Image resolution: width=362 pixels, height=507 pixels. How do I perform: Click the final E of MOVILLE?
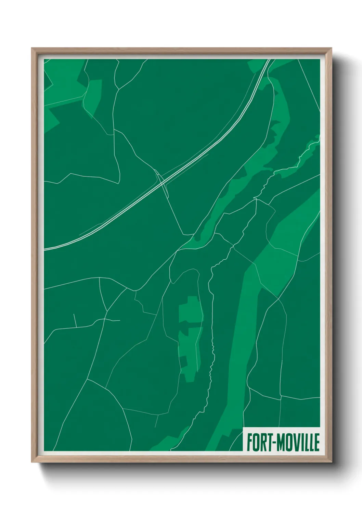pos(316,443)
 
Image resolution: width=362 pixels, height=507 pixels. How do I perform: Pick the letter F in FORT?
pos(249,443)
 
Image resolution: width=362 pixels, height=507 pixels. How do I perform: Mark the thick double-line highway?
pos(205,144)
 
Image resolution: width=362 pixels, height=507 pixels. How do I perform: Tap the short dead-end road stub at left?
pos(75,320)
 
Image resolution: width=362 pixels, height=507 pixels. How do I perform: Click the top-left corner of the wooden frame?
pos(32,48)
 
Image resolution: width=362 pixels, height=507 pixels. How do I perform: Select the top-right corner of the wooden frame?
pos(332,48)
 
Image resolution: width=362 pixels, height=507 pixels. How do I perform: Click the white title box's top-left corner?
pos(243,428)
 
